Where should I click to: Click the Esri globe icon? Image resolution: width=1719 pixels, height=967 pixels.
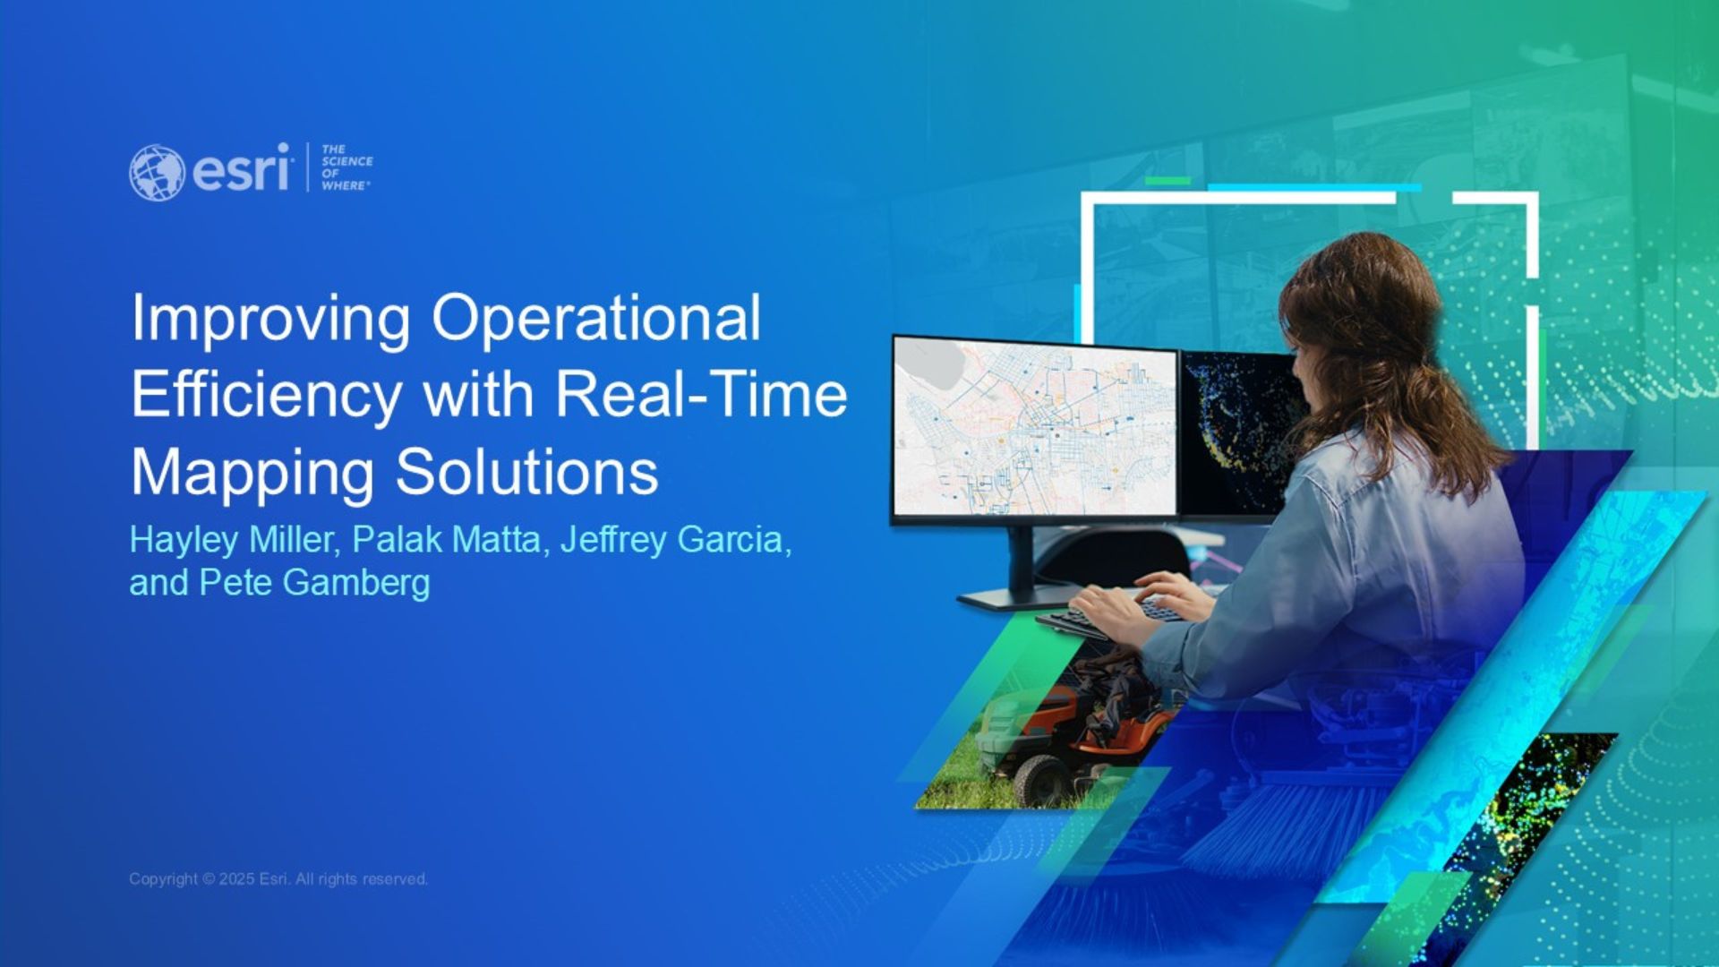tap(157, 172)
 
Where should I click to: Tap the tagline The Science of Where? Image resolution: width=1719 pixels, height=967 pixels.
tap(346, 167)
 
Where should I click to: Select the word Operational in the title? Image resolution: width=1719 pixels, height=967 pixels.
tap(596, 318)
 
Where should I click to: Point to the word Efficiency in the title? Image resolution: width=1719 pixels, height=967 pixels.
tap(266, 396)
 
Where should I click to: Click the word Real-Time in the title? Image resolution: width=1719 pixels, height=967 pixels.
tap(701, 394)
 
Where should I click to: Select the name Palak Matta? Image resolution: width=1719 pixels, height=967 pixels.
tap(447, 540)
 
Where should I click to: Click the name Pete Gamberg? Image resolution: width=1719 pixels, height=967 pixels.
tap(314, 583)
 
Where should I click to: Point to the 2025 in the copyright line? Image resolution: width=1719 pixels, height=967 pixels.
tap(236, 879)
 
